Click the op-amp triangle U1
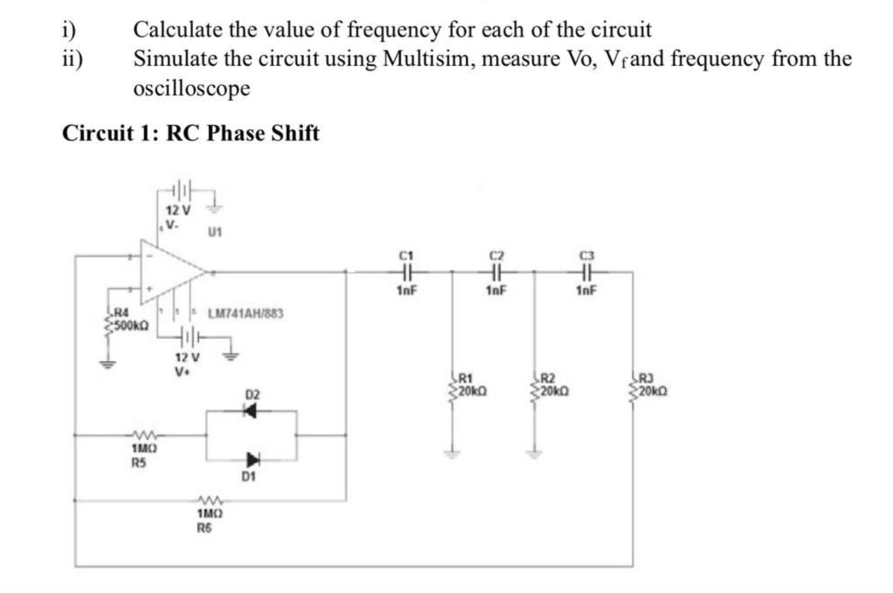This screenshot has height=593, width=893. click(169, 272)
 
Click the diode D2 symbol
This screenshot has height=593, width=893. click(250, 411)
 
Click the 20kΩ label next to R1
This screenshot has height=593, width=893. click(472, 391)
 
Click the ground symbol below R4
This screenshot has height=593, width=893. click(107, 364)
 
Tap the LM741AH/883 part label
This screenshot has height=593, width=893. click(245, 314)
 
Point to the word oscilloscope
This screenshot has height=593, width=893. click(191, 88)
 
